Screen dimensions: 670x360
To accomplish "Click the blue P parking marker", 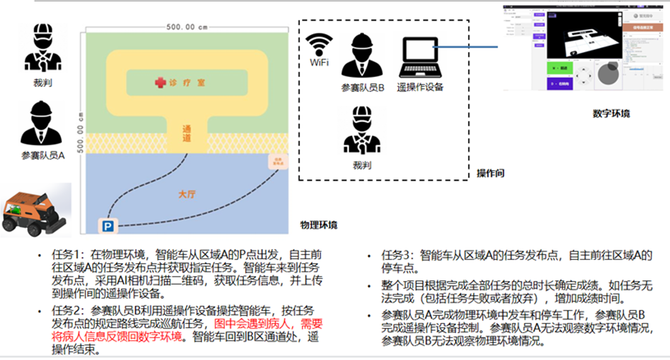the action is [108, 225].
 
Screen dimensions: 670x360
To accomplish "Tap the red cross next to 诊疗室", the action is [161, 83].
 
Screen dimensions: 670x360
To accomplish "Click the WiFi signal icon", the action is [319, 45].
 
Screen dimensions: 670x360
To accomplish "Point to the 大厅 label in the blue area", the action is [187, 195].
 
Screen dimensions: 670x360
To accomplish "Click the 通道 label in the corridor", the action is [187, 133].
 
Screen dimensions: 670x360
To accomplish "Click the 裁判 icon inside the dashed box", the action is [362, 130].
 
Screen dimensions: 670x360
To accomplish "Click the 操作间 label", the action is [490, 173].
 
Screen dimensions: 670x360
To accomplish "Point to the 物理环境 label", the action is [319, 225].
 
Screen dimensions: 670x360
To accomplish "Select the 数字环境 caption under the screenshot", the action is [611, 114].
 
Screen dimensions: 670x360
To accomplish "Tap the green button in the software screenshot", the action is [560, 68].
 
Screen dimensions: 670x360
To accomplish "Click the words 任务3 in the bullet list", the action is [395, 255].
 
